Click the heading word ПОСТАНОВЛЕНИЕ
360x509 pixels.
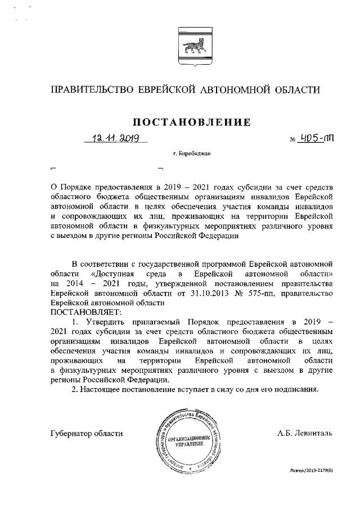191,121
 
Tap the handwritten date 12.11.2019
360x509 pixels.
116,138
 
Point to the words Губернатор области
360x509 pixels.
86,433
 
